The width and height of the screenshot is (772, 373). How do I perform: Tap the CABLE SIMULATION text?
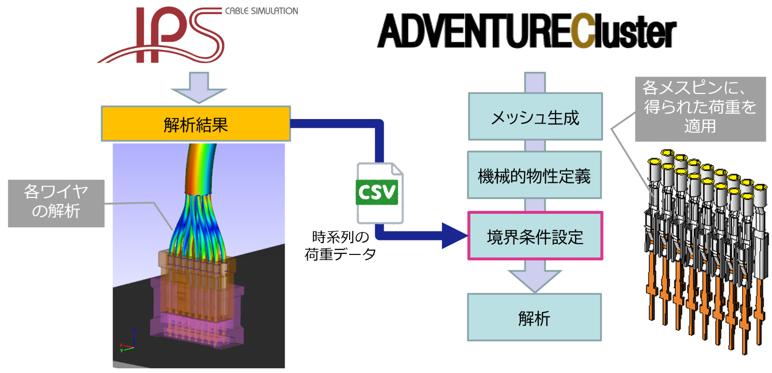point(261,11)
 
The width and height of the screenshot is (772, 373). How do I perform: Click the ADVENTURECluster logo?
point(526,31)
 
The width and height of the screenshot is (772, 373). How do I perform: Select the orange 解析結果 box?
point(196,124)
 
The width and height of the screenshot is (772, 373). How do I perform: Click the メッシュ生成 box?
point(535,117)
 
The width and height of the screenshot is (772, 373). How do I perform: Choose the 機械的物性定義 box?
point(534,176)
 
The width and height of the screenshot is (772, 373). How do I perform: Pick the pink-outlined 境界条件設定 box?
point(535,236)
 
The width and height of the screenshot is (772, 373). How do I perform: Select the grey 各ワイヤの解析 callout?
point(56,203)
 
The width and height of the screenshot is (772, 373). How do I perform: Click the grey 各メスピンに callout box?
point(700,109)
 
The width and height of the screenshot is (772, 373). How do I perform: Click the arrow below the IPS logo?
point(199,87)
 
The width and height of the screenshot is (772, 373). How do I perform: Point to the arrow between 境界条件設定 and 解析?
point(534,276)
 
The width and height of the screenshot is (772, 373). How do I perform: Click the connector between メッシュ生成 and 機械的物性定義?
point(535,146)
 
